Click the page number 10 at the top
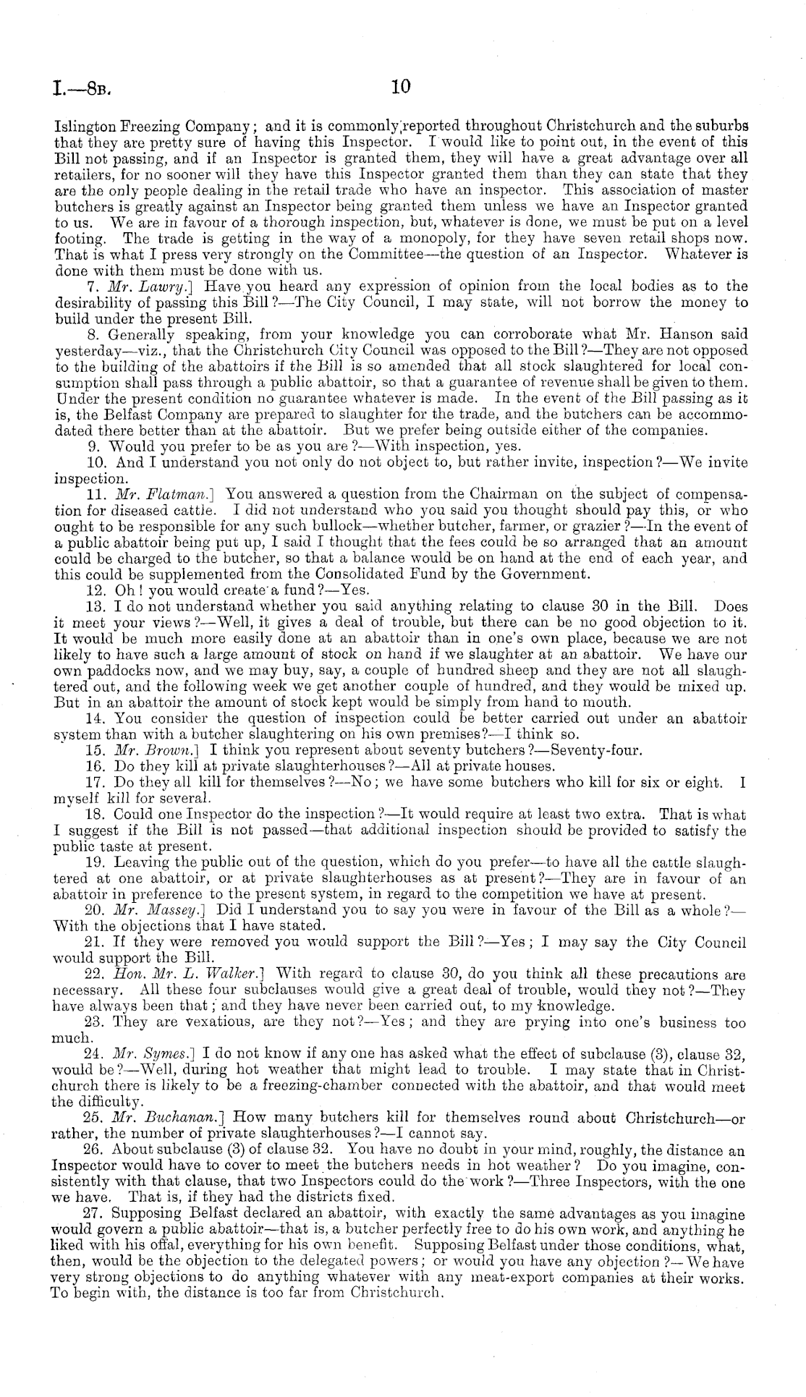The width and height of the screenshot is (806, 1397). tap(400, 88)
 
